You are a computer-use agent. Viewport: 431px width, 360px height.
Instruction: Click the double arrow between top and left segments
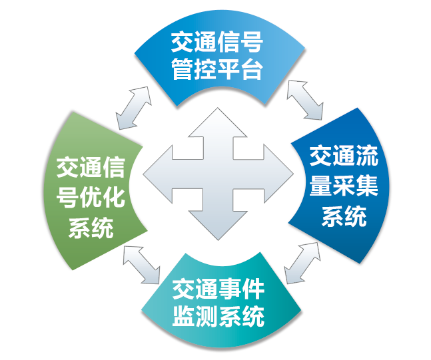pyautogui.click(x=133, y=107)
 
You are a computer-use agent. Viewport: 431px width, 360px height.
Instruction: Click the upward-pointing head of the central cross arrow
pyautogui.click(x=217, y=123)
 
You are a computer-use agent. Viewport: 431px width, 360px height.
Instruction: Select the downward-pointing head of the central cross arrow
pyautogui.click(x=217, y=224)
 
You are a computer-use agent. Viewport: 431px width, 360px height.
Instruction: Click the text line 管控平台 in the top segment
pyautogui.click(x=216, y=69)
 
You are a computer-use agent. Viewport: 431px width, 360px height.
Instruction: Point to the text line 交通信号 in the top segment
pyautogui.click(x=216, y=43)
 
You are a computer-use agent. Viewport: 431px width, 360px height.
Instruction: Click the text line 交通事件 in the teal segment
pyautogui.click(x=218, y=289)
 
